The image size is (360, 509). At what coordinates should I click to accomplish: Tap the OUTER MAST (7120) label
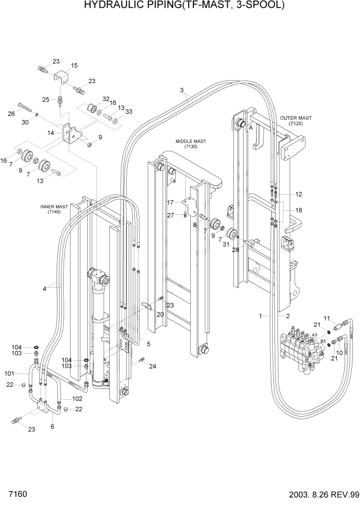(x=295, y=121)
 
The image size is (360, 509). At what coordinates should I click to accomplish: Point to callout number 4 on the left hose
(x=45, y=289)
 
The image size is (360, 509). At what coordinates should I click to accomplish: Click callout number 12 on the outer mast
(x=298, y=194)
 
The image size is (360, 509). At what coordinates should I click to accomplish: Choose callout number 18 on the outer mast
(x=298, y=210)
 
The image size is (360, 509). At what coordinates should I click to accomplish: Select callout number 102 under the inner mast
(x=77, y=398)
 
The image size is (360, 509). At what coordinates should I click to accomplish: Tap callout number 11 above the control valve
(x=327, y=319)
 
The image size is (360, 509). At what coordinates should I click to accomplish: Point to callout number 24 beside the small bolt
(x=152, y=366)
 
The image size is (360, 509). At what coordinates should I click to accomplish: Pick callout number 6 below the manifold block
(x=52, y=426)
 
